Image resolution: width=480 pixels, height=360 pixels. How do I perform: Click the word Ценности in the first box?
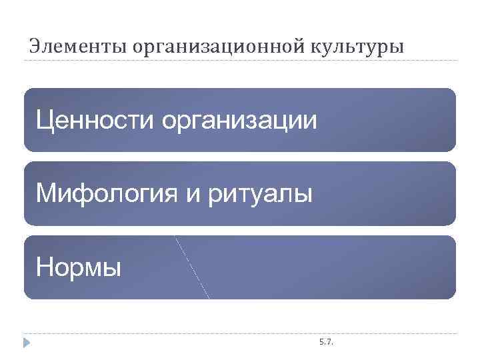click(x=95, y=121)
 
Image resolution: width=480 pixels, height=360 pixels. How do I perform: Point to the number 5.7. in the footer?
click(x=327, y=342)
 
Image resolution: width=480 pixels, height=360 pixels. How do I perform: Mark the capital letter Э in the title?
click(x=34, y=46)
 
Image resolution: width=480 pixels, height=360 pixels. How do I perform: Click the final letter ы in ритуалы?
click(x=303, y=195)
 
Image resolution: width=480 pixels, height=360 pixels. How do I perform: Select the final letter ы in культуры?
click(x=397, y=47)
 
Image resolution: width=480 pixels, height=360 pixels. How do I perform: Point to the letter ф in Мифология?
click(x=79, y=195)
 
